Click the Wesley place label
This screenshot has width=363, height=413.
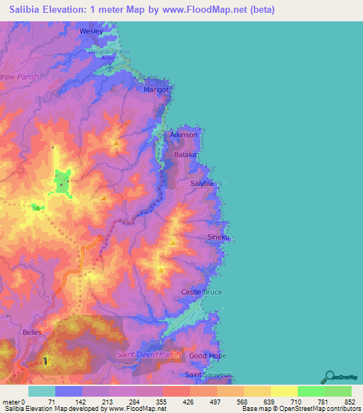(x=91, y=32)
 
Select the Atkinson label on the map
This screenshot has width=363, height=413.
(x=184, y=134)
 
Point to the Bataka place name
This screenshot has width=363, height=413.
(x=186, y=153)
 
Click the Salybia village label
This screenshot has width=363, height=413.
(x=202, y=183)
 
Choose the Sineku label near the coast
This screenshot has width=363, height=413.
(x=218, y=237)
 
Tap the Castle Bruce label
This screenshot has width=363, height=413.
(x=201, y=292)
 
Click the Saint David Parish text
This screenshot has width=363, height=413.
(x=149, y=354)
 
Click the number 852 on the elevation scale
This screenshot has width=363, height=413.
(x=350, y=402)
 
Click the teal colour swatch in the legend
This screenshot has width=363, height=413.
(x=42, y=391)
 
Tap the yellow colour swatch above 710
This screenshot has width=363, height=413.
(x=284, y=391)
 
